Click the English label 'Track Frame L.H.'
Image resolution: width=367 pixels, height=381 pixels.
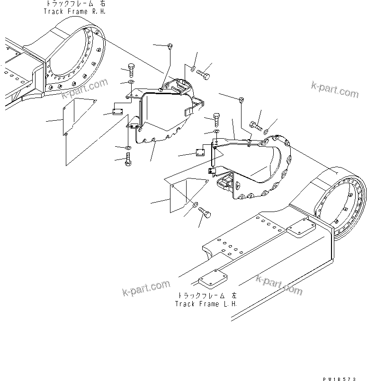206,303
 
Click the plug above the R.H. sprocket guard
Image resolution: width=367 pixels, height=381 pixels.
170,45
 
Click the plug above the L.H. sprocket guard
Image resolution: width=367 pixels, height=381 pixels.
242,99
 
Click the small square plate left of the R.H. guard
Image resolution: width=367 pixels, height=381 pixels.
117,112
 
